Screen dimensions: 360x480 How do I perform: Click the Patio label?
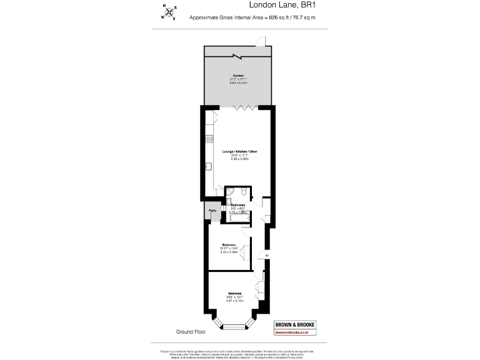(x=213, y=211)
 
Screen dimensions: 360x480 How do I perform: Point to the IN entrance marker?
(x=266, y=256)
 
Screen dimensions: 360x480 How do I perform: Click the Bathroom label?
(x=237, y=205)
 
